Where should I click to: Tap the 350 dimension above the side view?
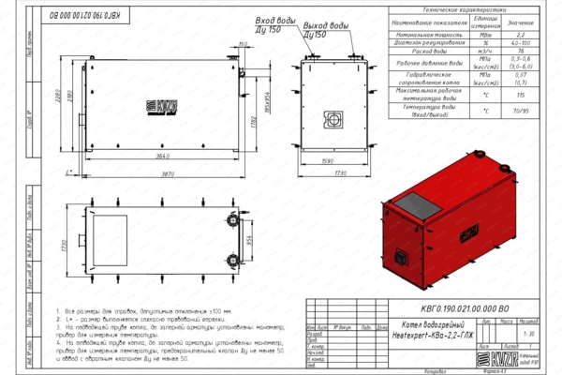pos(243,43)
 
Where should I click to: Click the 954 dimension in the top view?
pos(249,239)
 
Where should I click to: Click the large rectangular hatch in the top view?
pos(109,232)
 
